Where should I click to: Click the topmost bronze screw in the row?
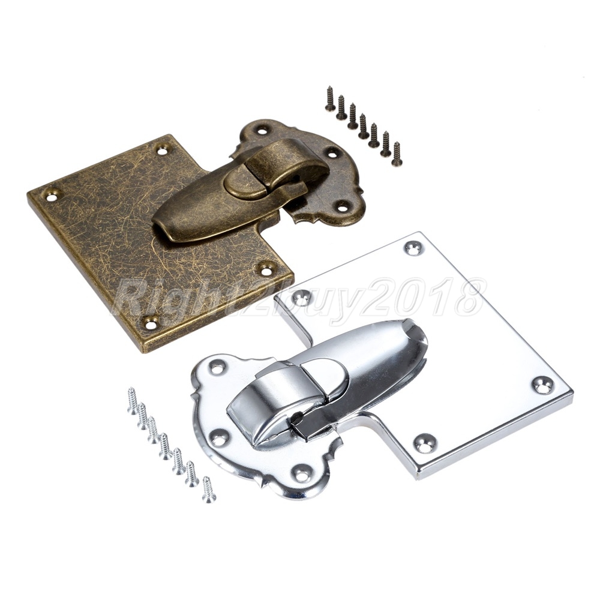[x=329, y=99]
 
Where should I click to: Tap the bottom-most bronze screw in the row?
[x=395, y=154]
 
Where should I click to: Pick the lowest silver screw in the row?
[x=208, y=489]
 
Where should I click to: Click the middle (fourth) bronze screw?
[x=363, y=126]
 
